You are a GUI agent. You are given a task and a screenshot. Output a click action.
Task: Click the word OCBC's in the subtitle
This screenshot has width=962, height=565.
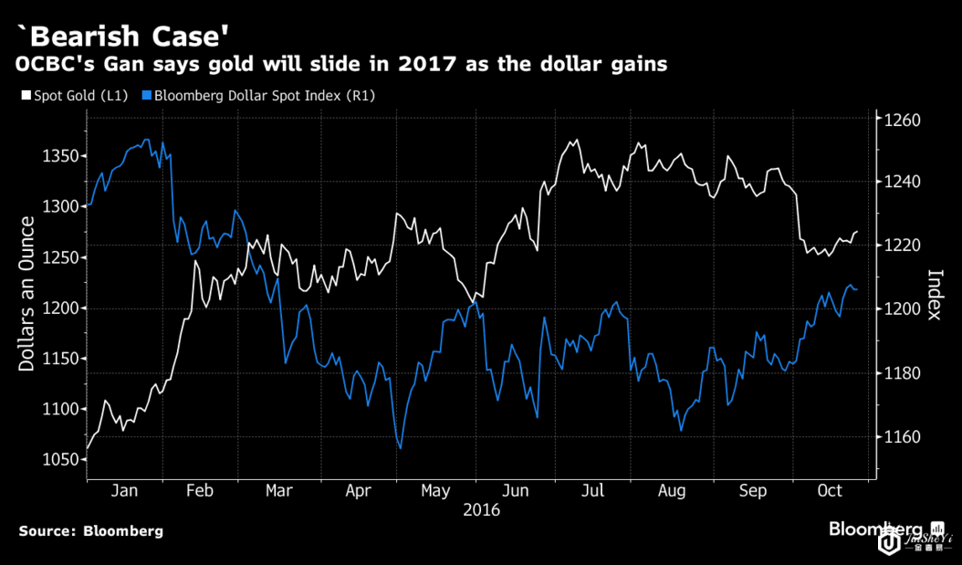tap(50, 66)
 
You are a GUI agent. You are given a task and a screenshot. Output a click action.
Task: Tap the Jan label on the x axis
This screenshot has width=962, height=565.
tap(124, 491)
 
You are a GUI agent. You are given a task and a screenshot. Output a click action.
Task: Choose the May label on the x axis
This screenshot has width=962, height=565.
tap(437, 491)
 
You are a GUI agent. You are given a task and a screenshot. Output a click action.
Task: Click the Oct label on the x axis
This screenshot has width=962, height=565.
tap(830, 491)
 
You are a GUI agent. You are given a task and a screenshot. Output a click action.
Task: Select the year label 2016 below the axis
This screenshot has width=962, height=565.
tap(481, 510)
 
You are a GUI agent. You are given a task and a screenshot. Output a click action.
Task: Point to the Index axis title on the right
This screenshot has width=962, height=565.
tap(934, 294)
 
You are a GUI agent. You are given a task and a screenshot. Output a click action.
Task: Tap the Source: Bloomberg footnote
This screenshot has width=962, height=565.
tap(90, 530)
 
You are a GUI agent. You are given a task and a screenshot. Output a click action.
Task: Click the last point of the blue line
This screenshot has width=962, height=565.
tap(856, 289)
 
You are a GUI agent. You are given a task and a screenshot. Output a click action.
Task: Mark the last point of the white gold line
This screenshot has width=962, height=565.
tap(856, 232)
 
